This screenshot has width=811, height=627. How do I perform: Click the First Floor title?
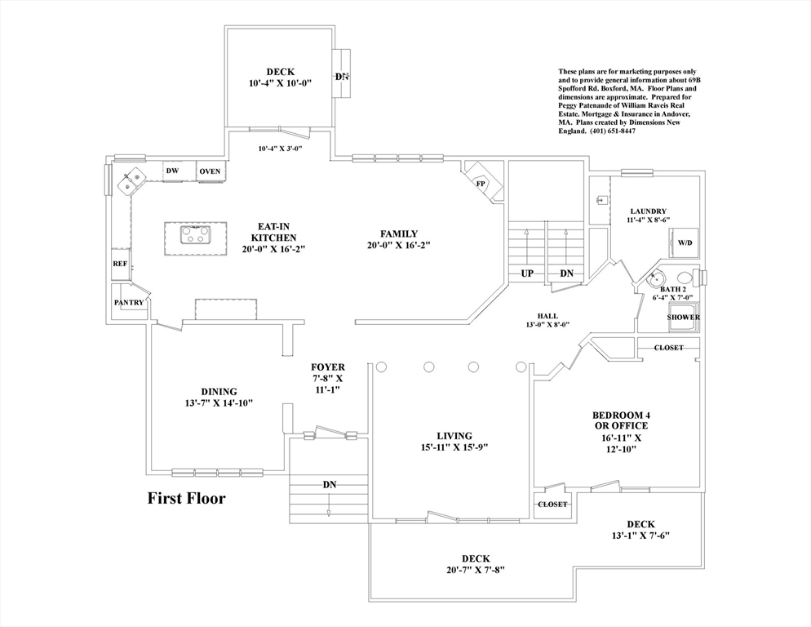(x=186, y=497)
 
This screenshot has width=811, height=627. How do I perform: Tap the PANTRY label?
(x=129, y=303)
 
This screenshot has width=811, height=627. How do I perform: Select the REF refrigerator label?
(x=120, y=264)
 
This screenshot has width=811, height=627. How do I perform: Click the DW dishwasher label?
(x=172, y=171)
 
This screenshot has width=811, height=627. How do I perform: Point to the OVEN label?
(x=210, y=171)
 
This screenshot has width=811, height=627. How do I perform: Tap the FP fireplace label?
(x=481, y=184)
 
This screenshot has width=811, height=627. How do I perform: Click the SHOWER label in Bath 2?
(x=683, y=318)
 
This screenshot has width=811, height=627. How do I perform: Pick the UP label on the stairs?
(x=527, y=273)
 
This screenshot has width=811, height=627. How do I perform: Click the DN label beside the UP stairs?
(x=566, y=273)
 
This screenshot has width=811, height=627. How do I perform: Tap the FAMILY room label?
(x=399, y=234)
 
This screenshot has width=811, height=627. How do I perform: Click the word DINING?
(x=219, y=391)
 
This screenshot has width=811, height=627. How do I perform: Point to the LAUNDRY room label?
(x=649, y=211)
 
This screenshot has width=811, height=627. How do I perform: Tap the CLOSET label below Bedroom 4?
(x=552, y=505)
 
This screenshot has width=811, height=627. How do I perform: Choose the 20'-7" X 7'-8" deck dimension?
(x=476, y=571)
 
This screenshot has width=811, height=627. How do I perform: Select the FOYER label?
(x=328, y=367)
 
